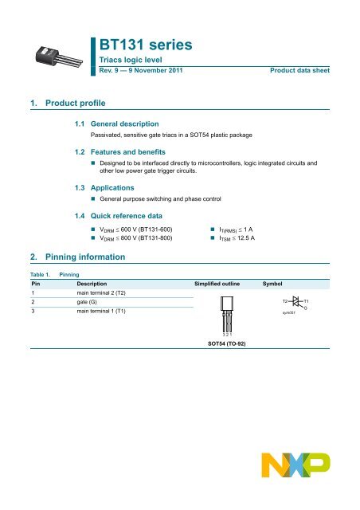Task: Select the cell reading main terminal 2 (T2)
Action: coord(105,295)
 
